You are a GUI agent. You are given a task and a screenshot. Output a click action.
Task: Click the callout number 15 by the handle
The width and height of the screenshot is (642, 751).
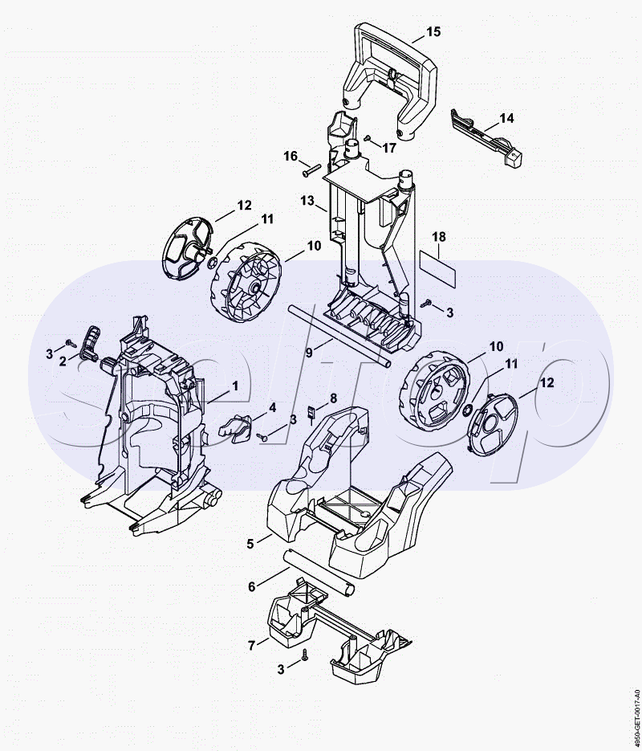(x=433, y=31)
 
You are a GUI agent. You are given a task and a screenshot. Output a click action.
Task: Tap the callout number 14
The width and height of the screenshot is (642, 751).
(x=506, y=118)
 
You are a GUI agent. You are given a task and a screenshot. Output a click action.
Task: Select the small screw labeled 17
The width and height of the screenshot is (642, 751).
(x=368, y=138)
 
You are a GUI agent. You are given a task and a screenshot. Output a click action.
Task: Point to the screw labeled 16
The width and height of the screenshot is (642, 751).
(x=311, y=170)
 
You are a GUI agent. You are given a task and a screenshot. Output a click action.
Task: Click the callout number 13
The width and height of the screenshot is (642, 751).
(x=307, y=200)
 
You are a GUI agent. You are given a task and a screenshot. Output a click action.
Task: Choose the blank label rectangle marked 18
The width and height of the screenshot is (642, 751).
(x=437, y=268)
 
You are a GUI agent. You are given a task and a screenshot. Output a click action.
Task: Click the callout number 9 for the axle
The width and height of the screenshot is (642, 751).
(x=309, y=353)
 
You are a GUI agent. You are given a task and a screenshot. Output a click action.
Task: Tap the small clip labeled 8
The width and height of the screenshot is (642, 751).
(x=311, y=412)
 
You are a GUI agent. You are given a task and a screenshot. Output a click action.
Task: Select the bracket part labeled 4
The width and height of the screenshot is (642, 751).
(x=234, y=427)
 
